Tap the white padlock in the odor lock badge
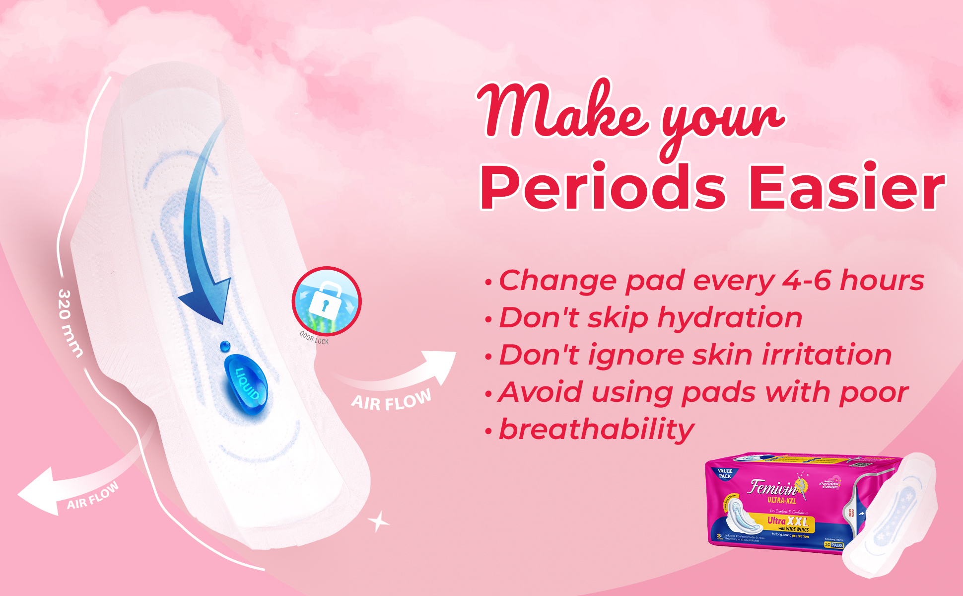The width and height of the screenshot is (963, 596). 325,298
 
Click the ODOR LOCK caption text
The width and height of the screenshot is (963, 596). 314,338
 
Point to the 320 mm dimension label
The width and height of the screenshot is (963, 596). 69,323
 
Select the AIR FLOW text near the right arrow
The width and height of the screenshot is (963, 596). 391,400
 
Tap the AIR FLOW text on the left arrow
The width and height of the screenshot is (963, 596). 93,496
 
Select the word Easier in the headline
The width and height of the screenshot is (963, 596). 846,188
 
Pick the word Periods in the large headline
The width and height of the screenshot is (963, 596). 603,188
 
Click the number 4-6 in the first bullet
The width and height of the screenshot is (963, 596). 806,281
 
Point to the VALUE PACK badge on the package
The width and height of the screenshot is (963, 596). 725,473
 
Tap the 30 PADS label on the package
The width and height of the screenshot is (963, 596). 833,545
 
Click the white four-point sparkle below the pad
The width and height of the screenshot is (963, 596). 378,521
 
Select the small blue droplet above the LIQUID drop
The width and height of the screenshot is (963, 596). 225,346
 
